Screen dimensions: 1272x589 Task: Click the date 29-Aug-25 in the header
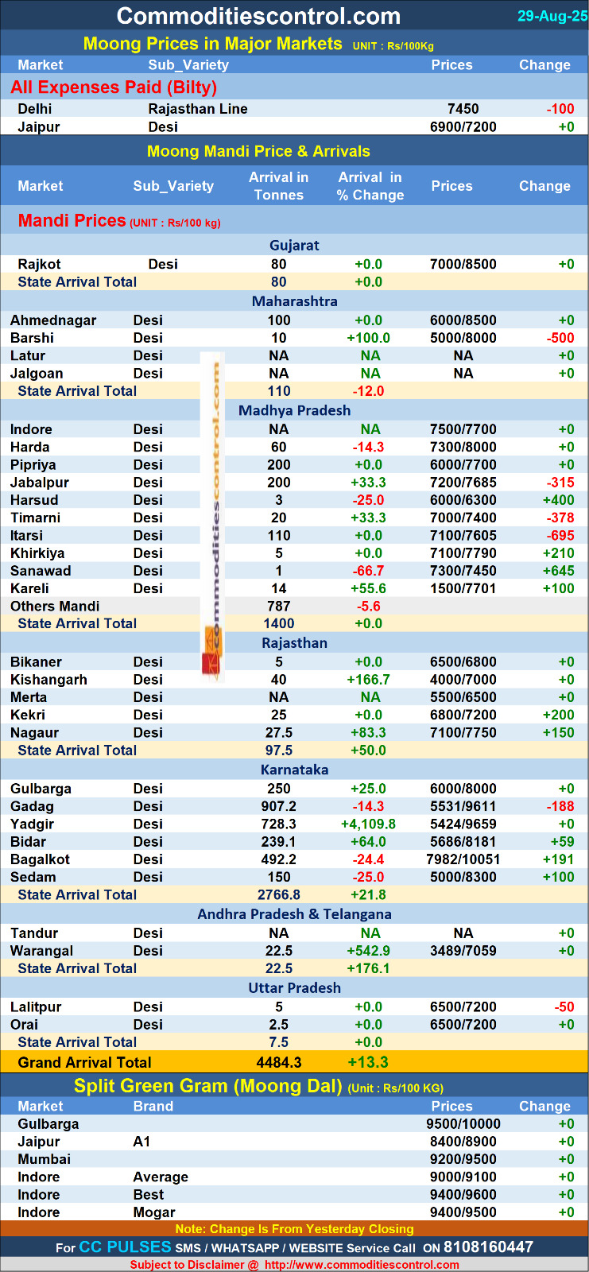pyautogui.click(x=552, y=16)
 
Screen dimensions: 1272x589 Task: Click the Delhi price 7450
pyautogui.click(x=463, y=109)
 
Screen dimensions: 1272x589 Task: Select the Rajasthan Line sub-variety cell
pyautogui.click(x=198, y=109)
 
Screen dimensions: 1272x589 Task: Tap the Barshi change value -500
pyautogui.click(x=560, y=338)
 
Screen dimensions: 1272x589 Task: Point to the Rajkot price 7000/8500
pyautogui.click(x=463, y=264)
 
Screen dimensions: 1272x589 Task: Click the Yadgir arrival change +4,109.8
pyautogui.click(x=368, y=824)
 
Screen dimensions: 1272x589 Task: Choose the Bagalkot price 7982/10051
pyautogui.click(x=463, y=859)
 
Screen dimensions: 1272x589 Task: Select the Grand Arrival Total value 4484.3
pyautogui.click(x=279, y=1062)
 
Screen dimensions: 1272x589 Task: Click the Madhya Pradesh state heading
pyautogui.click(x=294, y=410)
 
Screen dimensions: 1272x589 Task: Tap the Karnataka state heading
pyautogui.click(x=294, y=770)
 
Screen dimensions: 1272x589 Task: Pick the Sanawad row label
pyautogui.click(x=41, y=571)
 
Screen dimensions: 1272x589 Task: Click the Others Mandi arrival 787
pyautogui.click(x=279, y=606)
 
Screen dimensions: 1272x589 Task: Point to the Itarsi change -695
pyautogui.click(x=560, y=536)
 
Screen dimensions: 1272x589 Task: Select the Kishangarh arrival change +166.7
pyautogui.click(x=368, y=680)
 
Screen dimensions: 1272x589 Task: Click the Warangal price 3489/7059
pyautogui.click(x=463, y=951)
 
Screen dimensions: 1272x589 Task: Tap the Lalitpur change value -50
pyautogui.click(x=564, y=1007)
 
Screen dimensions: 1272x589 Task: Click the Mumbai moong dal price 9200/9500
pyautogui.click(x=463, y=1159)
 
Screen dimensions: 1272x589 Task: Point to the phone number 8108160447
pyautogui.click(x=488, y=1247)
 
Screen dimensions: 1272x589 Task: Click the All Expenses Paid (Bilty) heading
pyautogui.click(x=114, y=87)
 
